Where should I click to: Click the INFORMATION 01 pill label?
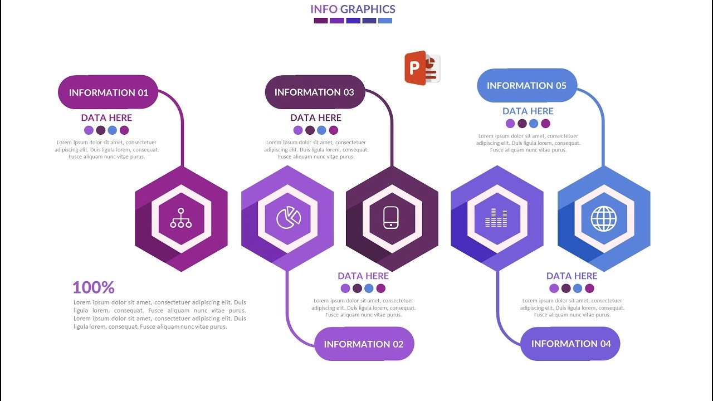(x=109, y=92)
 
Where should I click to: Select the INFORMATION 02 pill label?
(x=364, y=344)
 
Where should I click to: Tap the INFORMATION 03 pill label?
(x=314, y=92)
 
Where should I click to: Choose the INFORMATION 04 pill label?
(x=570, y=344)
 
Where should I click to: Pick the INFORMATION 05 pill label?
(x=526, y=85)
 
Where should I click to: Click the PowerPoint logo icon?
(x=422, y=68)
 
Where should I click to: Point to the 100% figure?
(x=94, y=287)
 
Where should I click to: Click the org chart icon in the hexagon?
(x=181, y=218)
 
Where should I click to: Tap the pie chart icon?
(x=289, y=218)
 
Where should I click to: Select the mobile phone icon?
(x=392, y=218)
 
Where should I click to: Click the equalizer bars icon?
(x=496, y=218)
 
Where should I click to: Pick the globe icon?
(x=604, y=218)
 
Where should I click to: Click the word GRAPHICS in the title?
(x=368, y=9)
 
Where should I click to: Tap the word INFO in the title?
(x=324, y=9)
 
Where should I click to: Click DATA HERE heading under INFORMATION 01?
(x=106, y=118)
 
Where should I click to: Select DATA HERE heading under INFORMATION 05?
(x=528, y=111)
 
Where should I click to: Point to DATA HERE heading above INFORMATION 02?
(x=363, y=276)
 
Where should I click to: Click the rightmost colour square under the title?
(x=385, y=21)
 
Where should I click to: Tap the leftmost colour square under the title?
(x=320, y=21)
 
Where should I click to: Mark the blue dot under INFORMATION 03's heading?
(x=322, y=130)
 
